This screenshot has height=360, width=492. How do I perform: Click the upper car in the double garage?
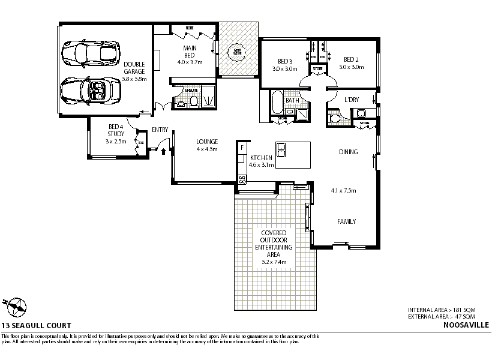(91, 52)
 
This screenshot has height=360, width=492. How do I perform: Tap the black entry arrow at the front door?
(163, 150)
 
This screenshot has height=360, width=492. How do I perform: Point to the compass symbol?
(14, 306)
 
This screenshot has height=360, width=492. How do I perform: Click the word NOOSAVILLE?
(466, 325)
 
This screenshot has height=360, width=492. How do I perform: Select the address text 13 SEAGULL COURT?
(36, 325)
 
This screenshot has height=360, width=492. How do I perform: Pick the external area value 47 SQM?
(465, 316)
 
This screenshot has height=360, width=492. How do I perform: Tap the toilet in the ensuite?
(182, 103)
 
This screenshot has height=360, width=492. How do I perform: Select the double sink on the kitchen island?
(281, 149)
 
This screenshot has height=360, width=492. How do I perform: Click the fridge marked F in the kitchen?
(241, 147)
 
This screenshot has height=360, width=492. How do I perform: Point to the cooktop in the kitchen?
(242, 178)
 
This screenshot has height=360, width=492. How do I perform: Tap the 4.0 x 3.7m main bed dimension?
(190, 62)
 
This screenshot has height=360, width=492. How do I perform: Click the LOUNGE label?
(207, 142)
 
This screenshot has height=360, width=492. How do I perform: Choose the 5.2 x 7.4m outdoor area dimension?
(274, 262)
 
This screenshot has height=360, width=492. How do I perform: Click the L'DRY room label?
(352, 100)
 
